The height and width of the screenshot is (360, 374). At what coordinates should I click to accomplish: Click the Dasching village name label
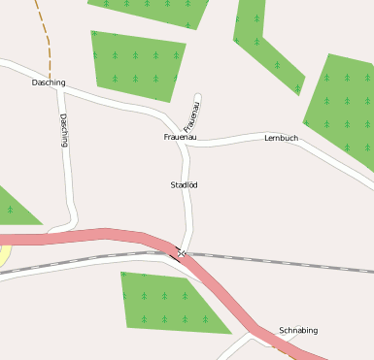[x=49, y=82]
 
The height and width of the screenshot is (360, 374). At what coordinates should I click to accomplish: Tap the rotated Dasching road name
[x=64, y=129]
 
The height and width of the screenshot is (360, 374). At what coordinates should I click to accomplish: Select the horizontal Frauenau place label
[x=180, y=138]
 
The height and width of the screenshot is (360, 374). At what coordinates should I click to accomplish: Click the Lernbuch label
[x=281, y=138]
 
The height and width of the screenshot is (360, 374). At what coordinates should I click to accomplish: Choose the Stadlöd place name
[x=185, y=184]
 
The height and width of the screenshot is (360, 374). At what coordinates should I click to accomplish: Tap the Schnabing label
[x=298, y=330]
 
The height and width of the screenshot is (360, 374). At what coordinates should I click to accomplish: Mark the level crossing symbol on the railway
[x=181, y=253]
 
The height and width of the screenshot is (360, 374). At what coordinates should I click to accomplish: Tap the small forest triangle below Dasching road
[x=14, y=208]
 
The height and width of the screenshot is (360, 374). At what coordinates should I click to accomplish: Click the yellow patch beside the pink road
[x=3, y=255]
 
